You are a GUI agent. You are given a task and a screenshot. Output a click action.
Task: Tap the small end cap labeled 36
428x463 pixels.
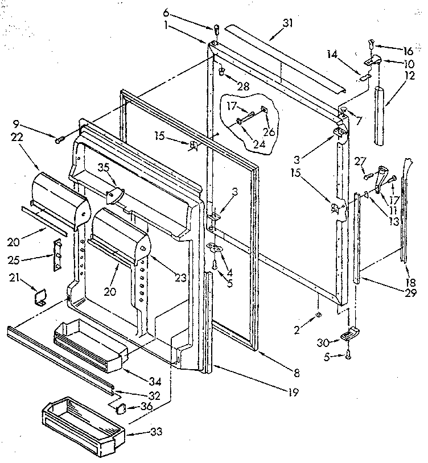click(119, 407)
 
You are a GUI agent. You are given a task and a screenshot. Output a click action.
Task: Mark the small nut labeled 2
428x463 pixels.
click(318, 314)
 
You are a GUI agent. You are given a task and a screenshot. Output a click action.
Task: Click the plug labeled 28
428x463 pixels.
click(221, 72)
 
